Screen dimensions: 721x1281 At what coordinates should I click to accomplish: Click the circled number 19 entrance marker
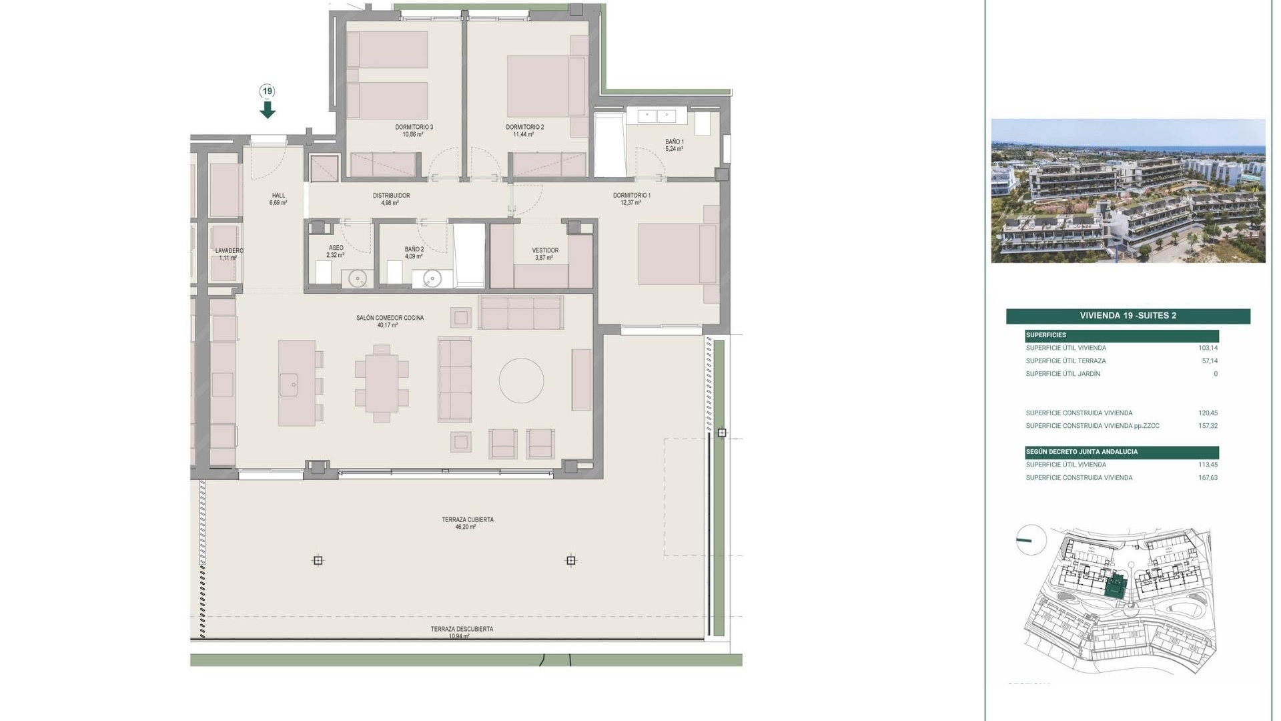[268, 91]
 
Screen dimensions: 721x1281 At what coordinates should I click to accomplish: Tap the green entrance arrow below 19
[268, 109]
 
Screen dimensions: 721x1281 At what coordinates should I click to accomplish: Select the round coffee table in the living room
[521, 381]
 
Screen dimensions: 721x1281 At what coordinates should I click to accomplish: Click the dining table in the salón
[382, 384]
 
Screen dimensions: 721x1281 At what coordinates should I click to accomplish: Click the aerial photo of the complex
[1128, 191]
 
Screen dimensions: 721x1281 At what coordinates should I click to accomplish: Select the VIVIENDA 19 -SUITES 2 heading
[1128, 316]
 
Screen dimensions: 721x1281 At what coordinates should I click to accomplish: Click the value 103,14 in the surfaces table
[1208, 348]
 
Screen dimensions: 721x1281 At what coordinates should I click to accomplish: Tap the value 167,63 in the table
[1208, 478]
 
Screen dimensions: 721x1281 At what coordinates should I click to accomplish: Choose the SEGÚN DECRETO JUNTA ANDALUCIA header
[1082, 452]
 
